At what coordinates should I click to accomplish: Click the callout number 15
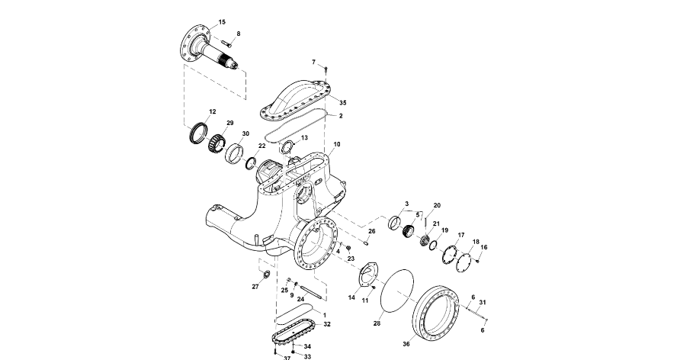point(222,22)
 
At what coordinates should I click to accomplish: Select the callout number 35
point(342,103)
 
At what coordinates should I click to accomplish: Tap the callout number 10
point(337,144)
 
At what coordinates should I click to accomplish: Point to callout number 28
point(377,323)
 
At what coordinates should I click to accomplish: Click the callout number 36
point(406,344)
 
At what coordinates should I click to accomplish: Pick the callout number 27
point(255,287)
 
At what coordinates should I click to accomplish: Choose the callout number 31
point(483,302)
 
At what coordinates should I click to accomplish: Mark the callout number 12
point(212,111)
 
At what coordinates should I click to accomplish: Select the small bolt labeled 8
point(227,43)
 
